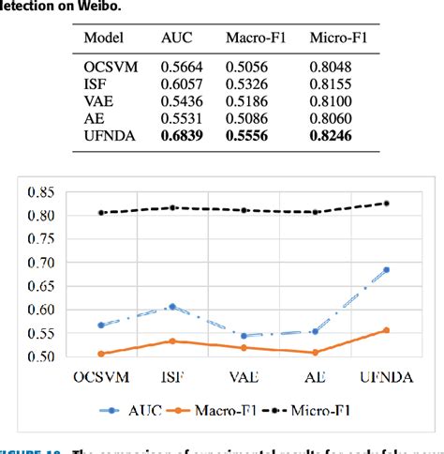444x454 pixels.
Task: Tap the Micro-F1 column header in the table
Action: tap(334, 38)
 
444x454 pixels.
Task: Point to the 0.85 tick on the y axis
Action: tap(41, 192)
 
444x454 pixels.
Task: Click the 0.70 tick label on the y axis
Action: tap(41, 263)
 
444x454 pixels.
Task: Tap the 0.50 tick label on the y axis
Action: tap(41, 356)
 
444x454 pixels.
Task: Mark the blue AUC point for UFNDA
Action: tap(386, 270)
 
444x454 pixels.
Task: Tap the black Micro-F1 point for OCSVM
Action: tap(101, 213)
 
